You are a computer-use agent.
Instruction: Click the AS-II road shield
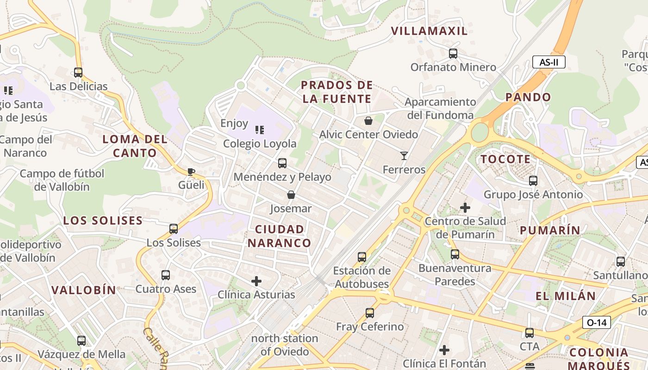[548, 62]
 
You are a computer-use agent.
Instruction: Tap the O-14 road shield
[596, 322]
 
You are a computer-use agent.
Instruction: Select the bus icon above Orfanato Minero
[453, 54]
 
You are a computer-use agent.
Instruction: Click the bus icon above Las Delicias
[78, 73]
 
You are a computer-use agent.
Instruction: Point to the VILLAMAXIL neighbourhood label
[429, 31]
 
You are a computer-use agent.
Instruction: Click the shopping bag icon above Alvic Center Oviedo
[368, 121]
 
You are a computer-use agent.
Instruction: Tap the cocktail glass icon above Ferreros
[404, 156]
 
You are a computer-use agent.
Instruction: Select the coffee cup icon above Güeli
[191, 172]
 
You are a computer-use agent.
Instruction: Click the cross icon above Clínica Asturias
[256, 281]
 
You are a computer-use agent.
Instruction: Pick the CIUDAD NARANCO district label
[280, 236]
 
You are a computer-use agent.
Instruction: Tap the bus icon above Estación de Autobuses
[362, 257]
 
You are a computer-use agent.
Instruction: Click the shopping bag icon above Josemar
[291, 195]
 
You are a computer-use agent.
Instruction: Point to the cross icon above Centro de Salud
[465, 208]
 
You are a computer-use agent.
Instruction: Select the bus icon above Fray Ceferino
[369, 313]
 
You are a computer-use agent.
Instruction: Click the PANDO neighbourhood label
[528, 97]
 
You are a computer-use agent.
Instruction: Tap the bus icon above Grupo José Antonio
[533, 181]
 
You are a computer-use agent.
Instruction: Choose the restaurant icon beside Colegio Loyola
[260, 130]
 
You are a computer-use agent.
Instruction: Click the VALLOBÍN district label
[84, 290]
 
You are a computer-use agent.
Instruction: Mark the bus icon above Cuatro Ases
[166, 275]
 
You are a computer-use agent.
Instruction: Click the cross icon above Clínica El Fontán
[444, 350]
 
